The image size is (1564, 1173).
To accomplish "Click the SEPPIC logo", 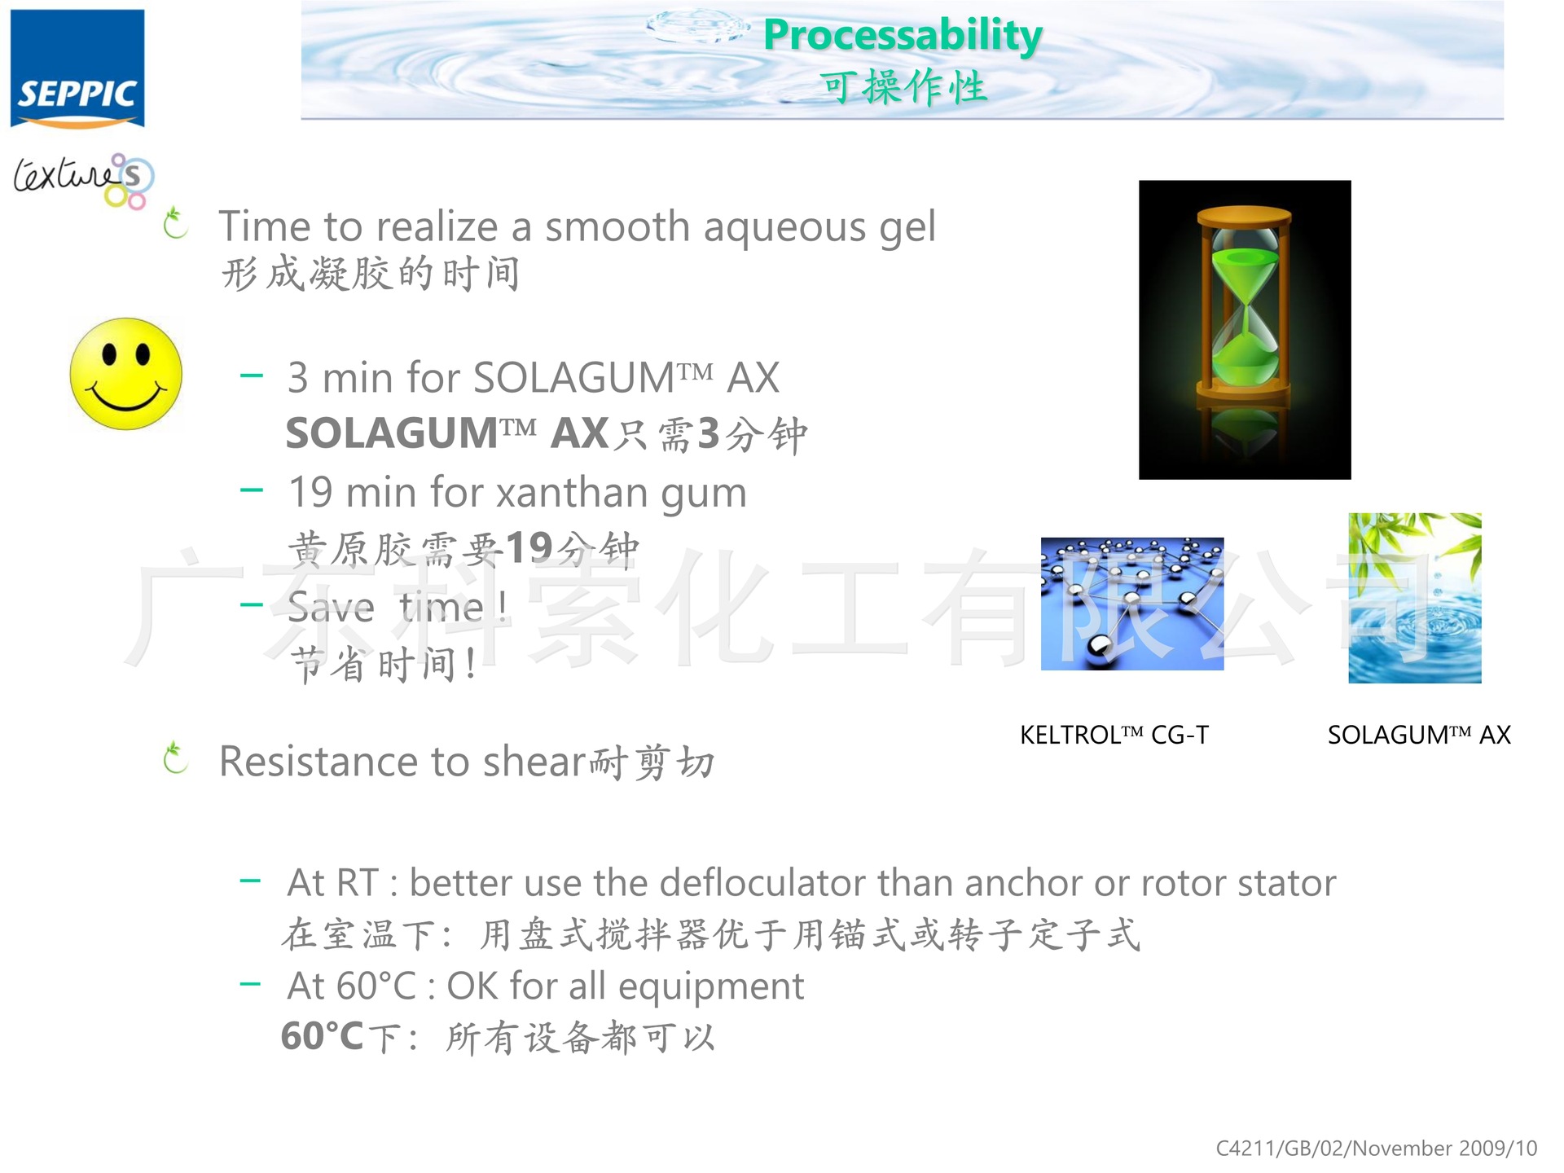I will (77, 69).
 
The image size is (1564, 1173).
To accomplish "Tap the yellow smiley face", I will (126, 375).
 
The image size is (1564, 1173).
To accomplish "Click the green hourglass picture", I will (1244, 329).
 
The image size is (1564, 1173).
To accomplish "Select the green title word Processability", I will (903, 35).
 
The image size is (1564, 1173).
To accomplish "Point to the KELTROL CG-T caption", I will (1114, 735).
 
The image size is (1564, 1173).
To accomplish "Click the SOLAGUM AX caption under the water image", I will (1418, 735).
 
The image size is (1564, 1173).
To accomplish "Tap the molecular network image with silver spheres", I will (1131, 604).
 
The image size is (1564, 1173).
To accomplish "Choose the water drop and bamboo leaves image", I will (1414, 598).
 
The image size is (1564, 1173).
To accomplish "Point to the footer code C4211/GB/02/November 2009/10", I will (1376, 1148).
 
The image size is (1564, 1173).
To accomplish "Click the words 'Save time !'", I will (398, 608).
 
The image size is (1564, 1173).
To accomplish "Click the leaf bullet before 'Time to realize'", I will (175, 224).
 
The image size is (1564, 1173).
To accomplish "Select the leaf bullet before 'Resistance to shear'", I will (175, 758).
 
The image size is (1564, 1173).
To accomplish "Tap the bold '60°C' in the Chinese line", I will (322, 1037).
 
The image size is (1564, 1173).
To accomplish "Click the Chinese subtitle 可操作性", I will (903, 87).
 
